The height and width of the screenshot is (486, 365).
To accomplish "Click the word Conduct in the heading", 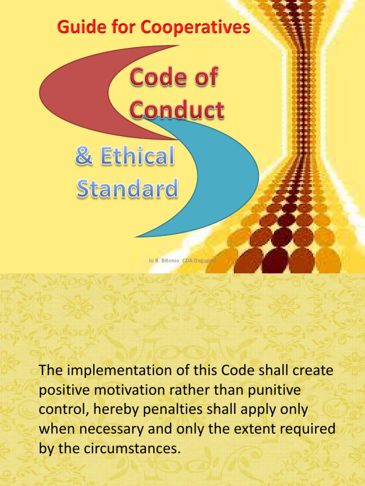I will coord(177,110).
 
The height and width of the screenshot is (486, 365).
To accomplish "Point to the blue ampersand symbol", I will coord(84,157).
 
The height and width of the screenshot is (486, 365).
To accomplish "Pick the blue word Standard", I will coord(127,188).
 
